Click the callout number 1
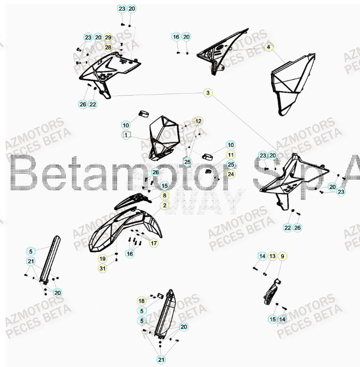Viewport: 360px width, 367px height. coord(125,135)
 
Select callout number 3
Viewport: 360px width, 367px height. coord(207,93)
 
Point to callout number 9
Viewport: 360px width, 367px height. coord(282,256)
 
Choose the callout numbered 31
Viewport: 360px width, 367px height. coord(102,268)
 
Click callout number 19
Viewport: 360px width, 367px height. coord(102,258)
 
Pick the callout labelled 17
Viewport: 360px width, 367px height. coord(154,242)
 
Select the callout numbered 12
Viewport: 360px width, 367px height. coord(198,121)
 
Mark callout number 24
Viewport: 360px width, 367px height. coord(231,174)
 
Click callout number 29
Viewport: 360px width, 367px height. coord(108,37)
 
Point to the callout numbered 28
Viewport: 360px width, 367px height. coord(108,47)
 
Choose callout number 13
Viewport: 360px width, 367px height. coord(272,256)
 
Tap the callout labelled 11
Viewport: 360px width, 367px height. coord(231,155)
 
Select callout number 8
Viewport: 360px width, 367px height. coord(164,196)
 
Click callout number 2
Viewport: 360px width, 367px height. coord(164,205)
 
